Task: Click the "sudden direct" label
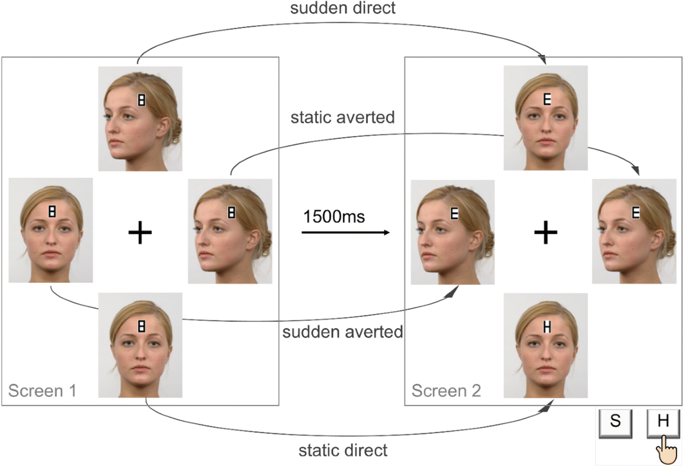pyautogui.click(x=342, y=9)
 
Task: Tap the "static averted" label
pyautogui.click(x=343, y=118)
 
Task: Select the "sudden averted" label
pyautogui.click(x=343, y=331)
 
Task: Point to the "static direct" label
pyautogui.click(x=343, y=450)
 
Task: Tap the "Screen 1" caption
pyautogui.click(x=42, y=391)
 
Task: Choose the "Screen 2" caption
pyautogui.click(x=446, y=391)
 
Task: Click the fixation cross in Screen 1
pyautogui.click(x=140, y=233)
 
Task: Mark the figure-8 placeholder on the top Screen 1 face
pyautogui.click(x=141, y=100)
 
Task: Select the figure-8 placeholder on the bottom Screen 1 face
pyautogui.click(x=141, y=326)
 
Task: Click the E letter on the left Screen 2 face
pyautogui.click(x=454, y=214)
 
